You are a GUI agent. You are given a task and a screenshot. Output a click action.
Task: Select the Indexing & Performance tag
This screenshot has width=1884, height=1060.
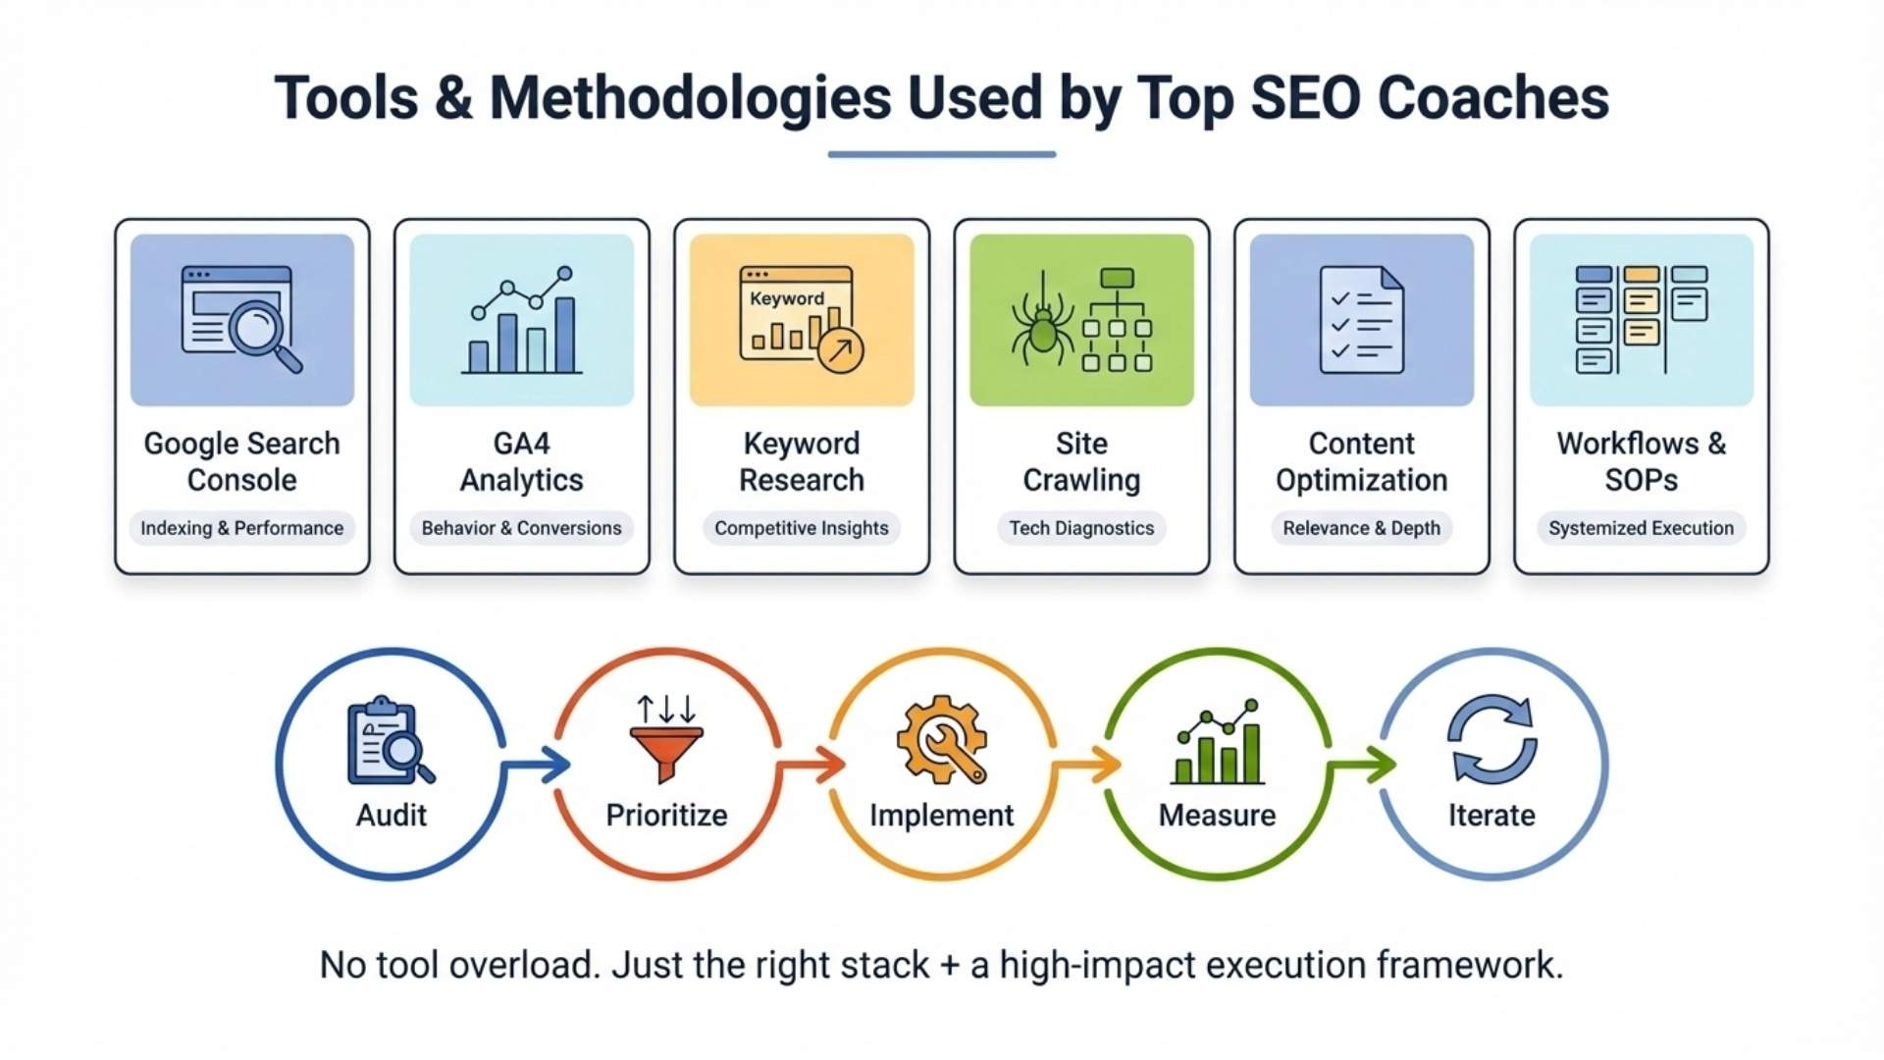point(241,528)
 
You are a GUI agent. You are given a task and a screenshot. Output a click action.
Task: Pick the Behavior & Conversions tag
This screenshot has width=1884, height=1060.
point(521,528)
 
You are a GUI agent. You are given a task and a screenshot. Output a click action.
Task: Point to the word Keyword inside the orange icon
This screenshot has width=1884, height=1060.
point(787,298)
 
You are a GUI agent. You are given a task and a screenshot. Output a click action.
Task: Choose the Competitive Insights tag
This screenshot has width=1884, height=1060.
point(802,528)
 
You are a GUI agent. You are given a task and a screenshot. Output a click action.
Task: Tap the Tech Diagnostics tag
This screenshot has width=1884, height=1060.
point(1081,528)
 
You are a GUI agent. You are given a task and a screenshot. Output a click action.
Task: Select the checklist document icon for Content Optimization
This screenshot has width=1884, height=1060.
point(1362,320)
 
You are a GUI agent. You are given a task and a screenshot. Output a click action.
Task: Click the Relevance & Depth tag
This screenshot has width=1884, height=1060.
point(1362,528)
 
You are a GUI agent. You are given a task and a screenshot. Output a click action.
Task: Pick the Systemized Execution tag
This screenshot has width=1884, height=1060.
point(1642,528)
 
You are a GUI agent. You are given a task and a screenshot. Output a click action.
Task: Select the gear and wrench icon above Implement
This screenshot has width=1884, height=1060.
point(942,739)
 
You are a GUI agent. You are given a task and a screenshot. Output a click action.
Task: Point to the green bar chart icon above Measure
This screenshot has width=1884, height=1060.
point(1218,742)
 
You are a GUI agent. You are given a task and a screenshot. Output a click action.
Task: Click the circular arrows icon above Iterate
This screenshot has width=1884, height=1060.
point(1492,739)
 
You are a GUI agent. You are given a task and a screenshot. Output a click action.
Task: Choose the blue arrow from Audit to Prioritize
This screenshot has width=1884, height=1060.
point(537,765)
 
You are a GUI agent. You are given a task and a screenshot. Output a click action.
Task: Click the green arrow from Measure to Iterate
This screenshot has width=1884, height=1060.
point(1363,765)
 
